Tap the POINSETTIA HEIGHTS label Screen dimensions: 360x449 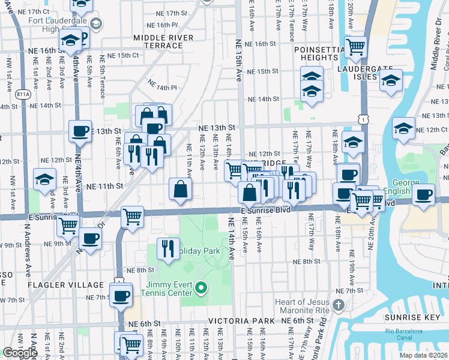322,56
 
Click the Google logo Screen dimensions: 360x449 20,353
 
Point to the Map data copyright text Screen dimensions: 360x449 423,355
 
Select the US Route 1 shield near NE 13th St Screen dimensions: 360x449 363,120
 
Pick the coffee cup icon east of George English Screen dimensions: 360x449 423,194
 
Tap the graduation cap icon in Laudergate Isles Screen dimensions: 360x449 391,80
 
